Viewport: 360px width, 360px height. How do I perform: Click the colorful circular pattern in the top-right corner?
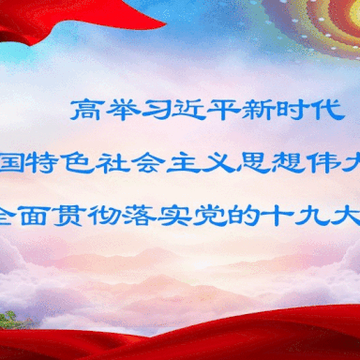[x=323, y=23]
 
